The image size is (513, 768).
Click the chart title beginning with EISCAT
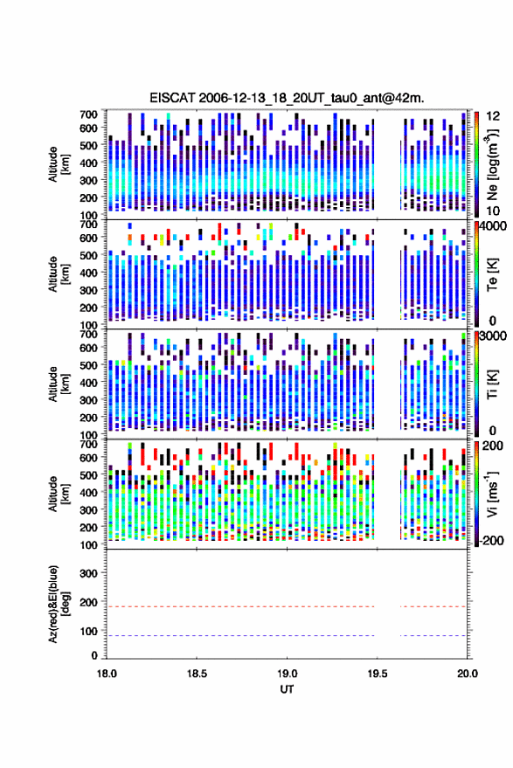(287, 98)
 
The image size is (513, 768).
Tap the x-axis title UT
(287, 689)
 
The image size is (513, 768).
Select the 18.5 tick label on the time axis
(197, 674)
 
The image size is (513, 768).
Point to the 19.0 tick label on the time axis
(287, 674)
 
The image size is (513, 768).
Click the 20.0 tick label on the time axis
(468, 674)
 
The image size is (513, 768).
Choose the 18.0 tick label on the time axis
(107, 674)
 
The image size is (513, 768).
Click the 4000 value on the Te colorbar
(494, 226)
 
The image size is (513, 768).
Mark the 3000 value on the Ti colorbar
(494, 336)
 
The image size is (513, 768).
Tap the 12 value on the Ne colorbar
(493, 116)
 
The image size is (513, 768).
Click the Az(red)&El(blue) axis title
(59, 604)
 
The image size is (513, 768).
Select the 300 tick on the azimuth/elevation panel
(88, 573)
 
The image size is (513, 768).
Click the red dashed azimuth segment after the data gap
(433, 607)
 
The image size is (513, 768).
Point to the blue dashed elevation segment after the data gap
(433, 636)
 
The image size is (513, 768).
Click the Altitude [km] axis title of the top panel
(59, 164)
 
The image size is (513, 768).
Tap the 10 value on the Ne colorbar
(493, 211)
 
